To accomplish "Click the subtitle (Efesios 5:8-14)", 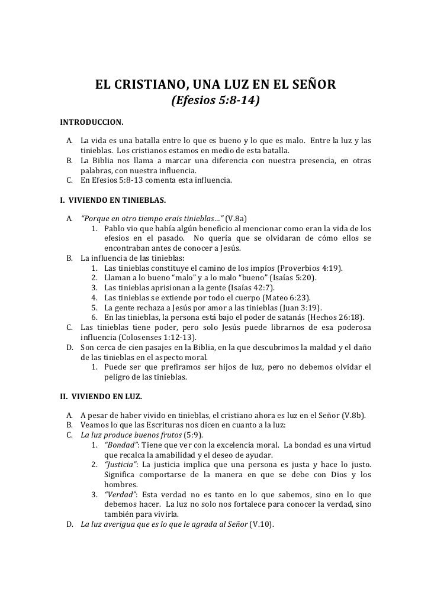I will (x=215, y=102).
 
